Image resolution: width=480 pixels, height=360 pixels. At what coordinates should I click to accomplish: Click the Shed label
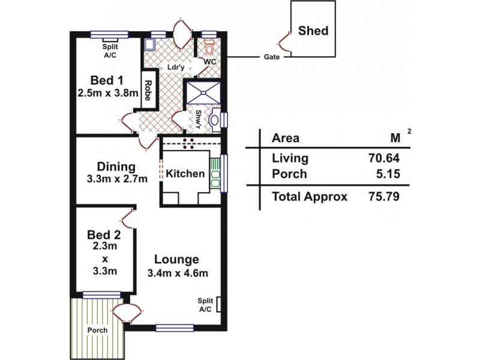[314, 30]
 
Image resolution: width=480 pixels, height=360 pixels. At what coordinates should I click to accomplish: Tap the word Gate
[270, 58]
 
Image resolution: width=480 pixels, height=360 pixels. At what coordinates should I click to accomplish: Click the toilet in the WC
[209, 46]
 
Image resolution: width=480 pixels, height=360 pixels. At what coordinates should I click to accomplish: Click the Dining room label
[116, 167]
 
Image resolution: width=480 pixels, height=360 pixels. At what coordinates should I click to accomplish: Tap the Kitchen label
[185, 174]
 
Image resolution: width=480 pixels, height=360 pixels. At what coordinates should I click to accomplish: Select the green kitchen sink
[215, 172]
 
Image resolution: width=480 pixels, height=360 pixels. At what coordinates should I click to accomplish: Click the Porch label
[96, 330]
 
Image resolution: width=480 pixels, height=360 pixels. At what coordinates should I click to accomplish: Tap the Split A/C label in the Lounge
[206, 305]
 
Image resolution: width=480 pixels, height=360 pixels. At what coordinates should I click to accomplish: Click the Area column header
[286, 138]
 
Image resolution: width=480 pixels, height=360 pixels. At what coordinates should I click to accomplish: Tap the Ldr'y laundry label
[176, 67]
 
